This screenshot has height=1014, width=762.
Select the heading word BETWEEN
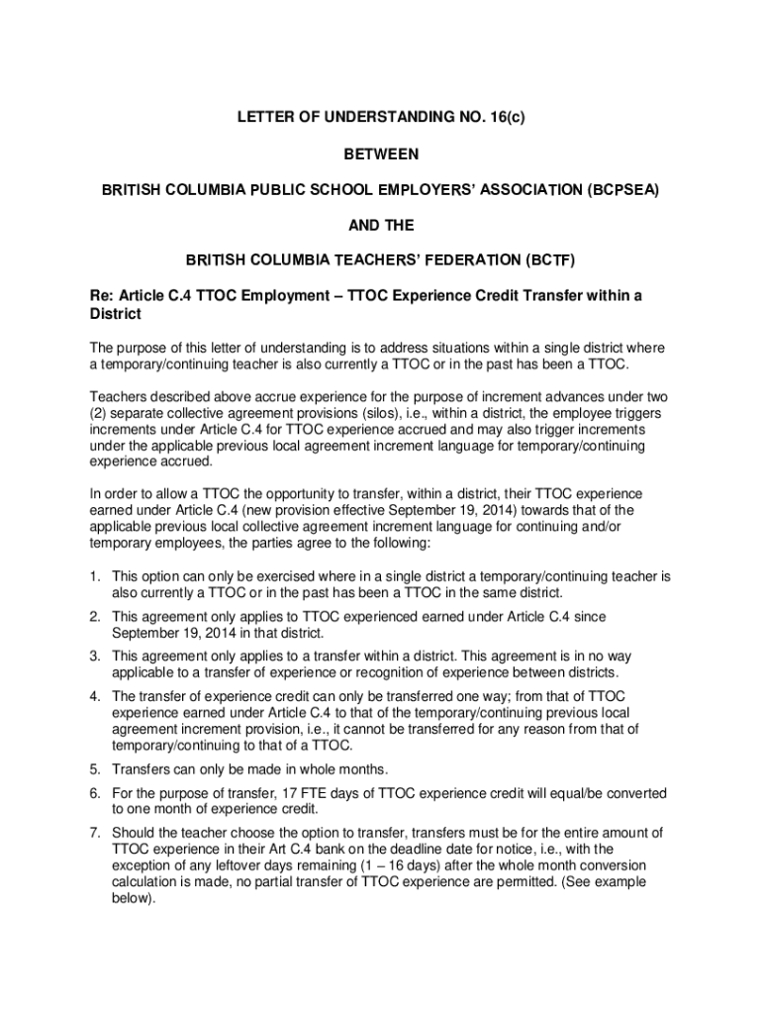pos(381,155)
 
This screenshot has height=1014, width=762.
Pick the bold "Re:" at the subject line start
pos(102,295)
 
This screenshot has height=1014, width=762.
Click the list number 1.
pos(95,575)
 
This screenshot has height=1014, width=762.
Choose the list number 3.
pos(95,657)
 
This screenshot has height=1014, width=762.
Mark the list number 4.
pos(95,697)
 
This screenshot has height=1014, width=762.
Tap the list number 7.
pos(95,833)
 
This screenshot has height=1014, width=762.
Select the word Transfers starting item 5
pos(143,769)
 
